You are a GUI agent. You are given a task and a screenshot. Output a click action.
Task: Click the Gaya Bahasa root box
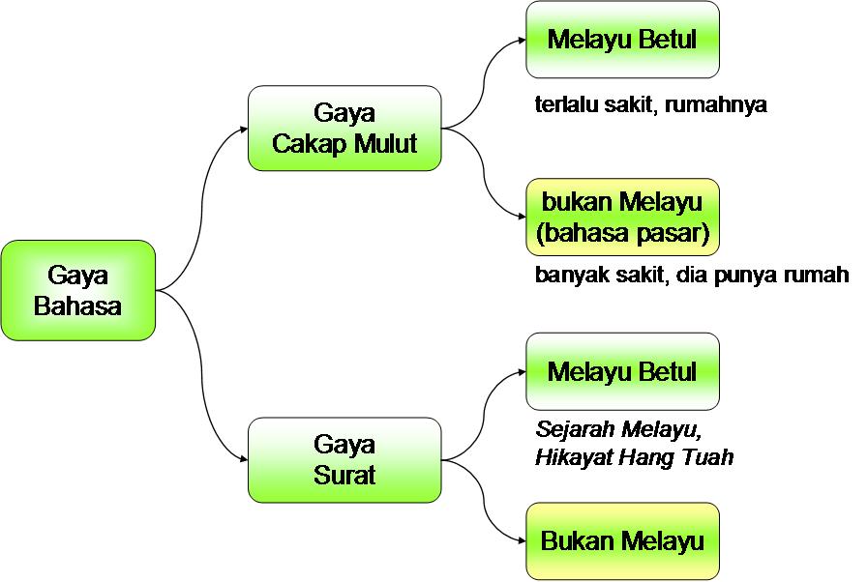(77, 290)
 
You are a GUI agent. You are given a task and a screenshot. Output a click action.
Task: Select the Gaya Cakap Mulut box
(344, 129)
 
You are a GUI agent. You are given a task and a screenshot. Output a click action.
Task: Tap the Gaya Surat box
(344, 460)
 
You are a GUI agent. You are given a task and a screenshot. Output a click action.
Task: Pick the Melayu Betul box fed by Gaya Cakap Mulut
(622, 40)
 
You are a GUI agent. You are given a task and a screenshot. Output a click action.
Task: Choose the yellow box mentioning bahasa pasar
(622, 218)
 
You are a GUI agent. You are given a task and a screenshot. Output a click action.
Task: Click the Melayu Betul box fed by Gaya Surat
(622, 371)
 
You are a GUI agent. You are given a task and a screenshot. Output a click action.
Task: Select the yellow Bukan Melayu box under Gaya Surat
(622, 540)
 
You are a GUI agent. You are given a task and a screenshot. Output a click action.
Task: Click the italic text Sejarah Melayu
(616, 428)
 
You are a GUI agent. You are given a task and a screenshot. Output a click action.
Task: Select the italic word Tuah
(709, 456)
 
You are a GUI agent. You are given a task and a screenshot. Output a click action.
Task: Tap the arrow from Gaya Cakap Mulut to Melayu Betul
(484, 82)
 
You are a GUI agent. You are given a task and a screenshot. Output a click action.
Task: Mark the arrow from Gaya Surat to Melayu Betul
(484, 411)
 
